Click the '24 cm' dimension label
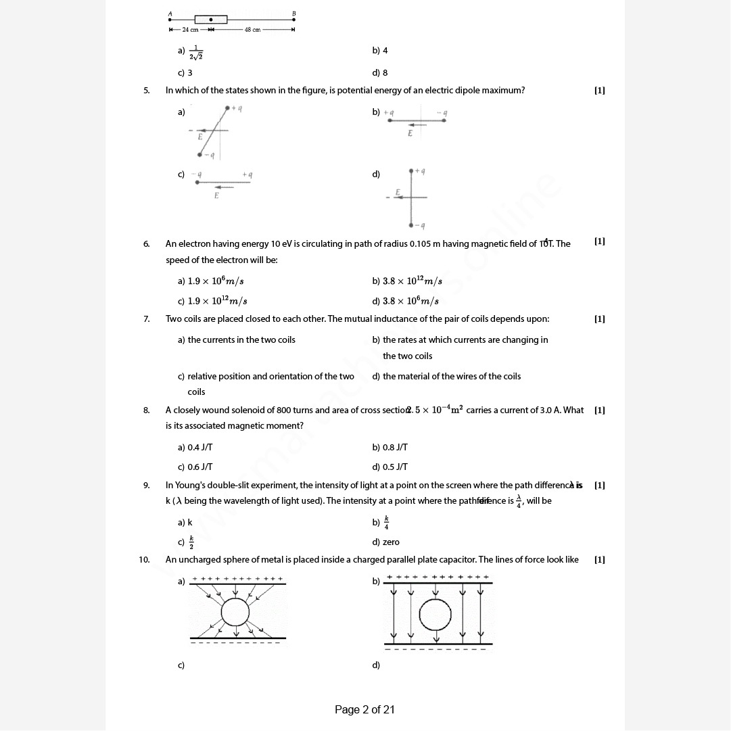[190, 30]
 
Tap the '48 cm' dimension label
[252, 30]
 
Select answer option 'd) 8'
[380, 73]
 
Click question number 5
[146, 91]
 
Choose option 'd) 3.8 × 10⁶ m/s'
[406, 302]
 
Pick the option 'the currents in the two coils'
[237, 340]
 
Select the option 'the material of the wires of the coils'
[446, 377]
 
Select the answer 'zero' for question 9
[386, 542]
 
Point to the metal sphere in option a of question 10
[235, 612]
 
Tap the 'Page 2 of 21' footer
[364, 709]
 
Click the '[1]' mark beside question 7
[599, 319]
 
